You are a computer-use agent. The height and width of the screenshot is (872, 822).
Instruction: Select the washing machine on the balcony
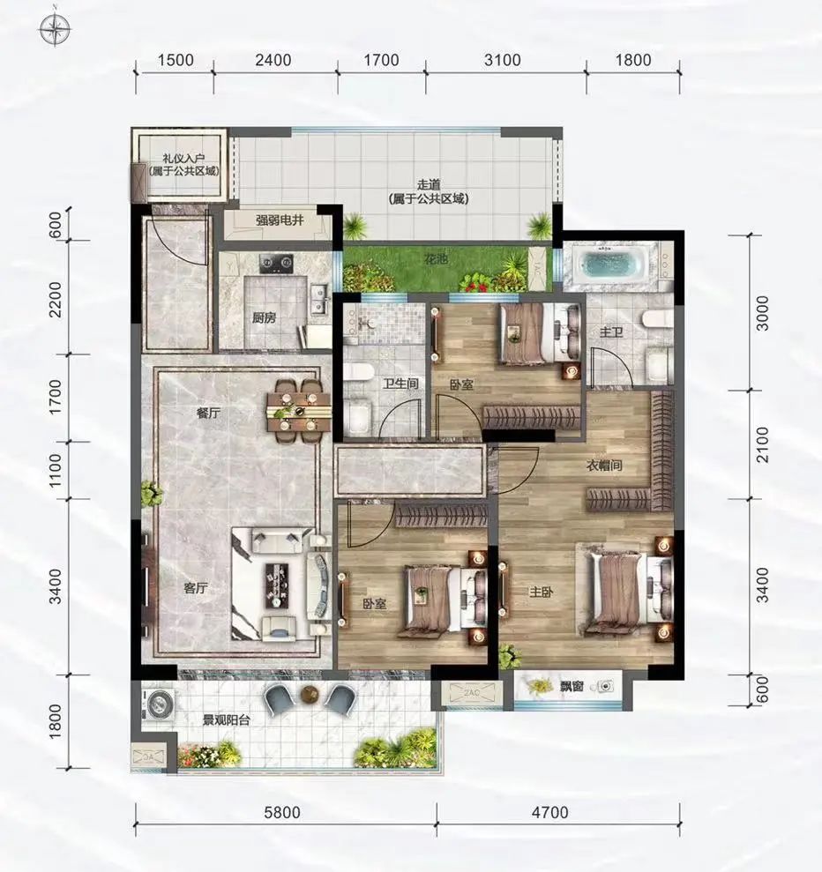click(158, 703)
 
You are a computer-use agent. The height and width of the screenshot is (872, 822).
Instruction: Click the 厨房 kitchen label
click(264, 318)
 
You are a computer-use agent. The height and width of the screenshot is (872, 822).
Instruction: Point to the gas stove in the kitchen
click(276, 263)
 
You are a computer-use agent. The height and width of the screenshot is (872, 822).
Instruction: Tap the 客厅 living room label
click(195, 588)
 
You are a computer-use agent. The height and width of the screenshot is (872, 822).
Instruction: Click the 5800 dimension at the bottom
click(282, 813)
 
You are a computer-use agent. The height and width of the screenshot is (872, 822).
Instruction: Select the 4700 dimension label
click(549, 813)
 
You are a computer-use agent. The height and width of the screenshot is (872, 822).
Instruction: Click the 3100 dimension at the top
click(502, 60)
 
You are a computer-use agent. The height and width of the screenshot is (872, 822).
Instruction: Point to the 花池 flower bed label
click(436, 259)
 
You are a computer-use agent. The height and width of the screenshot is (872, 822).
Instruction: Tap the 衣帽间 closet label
click(604, 466)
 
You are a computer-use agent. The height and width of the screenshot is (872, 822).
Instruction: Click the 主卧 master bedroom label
click(542, 593)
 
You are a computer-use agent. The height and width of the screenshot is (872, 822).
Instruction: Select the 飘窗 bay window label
click(571, 687)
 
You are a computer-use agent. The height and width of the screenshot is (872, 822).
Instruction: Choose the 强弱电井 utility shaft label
click(280, 220)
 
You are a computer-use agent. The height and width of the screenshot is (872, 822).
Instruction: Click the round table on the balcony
click(310, 694)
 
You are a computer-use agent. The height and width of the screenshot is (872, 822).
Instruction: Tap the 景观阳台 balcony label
click(226, 720)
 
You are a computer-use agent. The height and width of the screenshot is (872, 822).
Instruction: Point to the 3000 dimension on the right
click(762, 313)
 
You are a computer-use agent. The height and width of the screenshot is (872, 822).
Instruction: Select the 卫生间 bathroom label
click(400, 384)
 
